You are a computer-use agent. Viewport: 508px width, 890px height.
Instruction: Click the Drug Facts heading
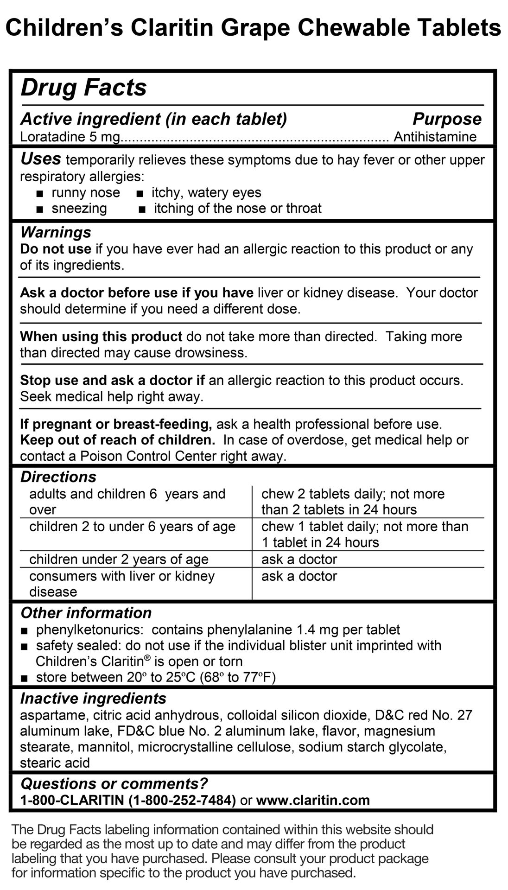pyautogui.click(x=83, y=88)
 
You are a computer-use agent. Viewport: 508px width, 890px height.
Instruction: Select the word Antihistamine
pyautogui.click(x=435, y=137)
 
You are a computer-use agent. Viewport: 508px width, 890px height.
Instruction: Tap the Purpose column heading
pyautogui.click(x=447, y=119)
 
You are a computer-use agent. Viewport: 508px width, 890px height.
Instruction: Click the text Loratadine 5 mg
pyautogui.click(x=70, y=137)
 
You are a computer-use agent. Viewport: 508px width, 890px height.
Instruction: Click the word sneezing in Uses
pyautogui.click(x=79, y=209)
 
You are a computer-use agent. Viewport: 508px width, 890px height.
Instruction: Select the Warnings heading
pyautogui.click(x=56, y=232)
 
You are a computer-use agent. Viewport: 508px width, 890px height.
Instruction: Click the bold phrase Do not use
pyautogui.click(x=56, y=249)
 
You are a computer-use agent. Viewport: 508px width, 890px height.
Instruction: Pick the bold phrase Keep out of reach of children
pyautogui.click(x=117, y=440)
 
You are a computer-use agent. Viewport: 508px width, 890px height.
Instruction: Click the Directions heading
pyautogui.click(x=58, y=477)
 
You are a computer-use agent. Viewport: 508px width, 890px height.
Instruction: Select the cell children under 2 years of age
pyautogui.click(x=119, y=559)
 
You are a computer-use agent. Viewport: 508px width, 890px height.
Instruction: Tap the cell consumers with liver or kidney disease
pyautogui.click(x=122, y=584)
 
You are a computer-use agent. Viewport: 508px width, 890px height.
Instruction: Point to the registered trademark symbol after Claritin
pyautogui.click(x=147, y=658)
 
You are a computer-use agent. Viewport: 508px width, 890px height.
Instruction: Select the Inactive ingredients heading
pyautogui.click(x=93, y=699)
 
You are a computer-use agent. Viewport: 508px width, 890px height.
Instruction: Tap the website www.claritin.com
pyautogui.click(x=313, y=801)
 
